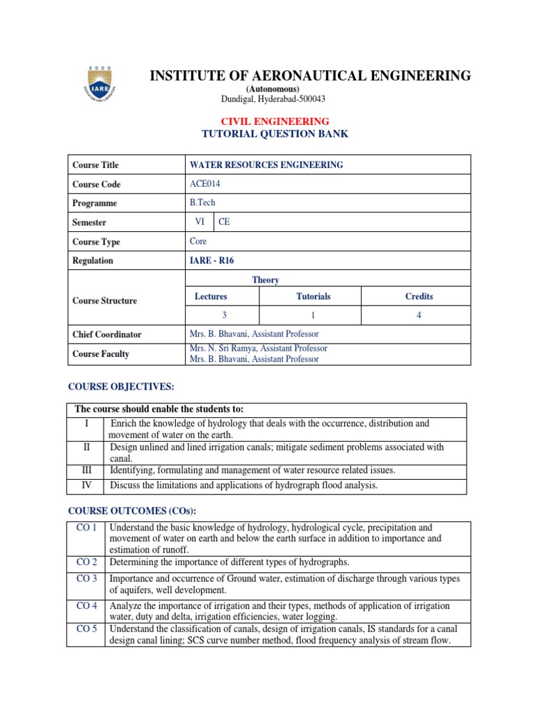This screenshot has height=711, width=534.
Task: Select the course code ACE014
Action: click(204, 184)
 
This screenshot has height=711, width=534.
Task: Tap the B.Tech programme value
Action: click(202, 203)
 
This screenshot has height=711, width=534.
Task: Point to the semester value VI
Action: click(200, 222)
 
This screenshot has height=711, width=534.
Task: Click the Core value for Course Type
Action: click(198, 242)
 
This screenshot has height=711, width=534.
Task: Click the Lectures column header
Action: click(211, 296)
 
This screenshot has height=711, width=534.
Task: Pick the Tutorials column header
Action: click(313, 296)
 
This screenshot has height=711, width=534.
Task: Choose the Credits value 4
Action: click(419, 315)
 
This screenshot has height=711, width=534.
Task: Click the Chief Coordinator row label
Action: click(106, 335)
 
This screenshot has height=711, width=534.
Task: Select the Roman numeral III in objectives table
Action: click(87, 471)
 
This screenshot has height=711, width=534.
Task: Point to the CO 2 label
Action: click(86, 562)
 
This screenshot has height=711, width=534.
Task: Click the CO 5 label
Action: click(86, 629)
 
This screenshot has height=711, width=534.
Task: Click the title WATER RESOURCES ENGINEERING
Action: click(266, 165)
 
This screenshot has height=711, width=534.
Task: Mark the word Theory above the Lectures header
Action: click(266, 280)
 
